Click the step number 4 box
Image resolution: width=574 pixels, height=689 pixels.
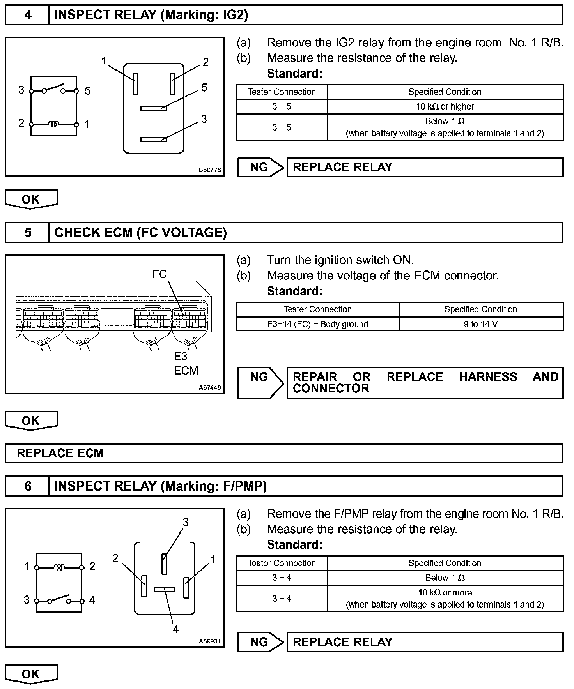point(27,15)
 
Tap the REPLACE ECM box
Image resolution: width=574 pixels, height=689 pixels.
point(283,453)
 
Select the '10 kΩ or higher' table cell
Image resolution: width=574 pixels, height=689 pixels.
point(445,106)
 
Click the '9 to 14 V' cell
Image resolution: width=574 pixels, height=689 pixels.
point(481,324)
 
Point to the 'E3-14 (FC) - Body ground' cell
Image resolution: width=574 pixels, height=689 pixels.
point(317,324)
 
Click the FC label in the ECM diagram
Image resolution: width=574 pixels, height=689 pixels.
point(159,275)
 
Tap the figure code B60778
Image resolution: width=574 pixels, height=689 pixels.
point(210,170)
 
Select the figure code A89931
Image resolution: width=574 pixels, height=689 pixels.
point(210,641)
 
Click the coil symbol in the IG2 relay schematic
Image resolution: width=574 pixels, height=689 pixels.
point(54,124)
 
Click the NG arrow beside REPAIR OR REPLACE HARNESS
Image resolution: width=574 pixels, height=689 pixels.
point(260,382)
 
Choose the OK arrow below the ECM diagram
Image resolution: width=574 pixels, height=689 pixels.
point(31,421)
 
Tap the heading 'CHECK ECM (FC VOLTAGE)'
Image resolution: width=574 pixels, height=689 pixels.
point(140,233)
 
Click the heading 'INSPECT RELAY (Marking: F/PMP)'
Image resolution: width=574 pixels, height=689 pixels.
point(160,486)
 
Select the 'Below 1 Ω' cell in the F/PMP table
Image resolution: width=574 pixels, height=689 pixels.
point(445,578)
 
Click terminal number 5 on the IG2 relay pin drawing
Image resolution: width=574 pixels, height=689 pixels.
point(204,88)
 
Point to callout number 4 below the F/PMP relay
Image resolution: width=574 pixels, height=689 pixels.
point(175,629)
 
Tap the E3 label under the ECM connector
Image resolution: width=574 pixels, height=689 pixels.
point(181,356)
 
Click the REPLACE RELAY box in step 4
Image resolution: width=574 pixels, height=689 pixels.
point(425,167)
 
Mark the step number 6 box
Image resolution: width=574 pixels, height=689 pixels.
point(27,486)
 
